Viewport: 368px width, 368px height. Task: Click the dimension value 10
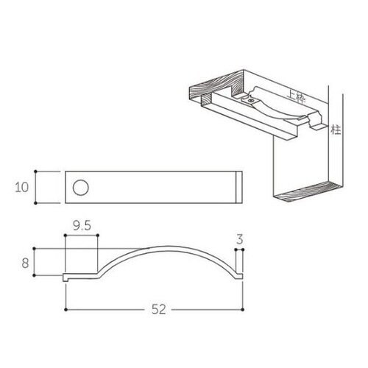[22, 187]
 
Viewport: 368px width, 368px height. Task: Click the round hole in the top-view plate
[80, 187]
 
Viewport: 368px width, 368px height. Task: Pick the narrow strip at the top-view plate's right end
[237, 187]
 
